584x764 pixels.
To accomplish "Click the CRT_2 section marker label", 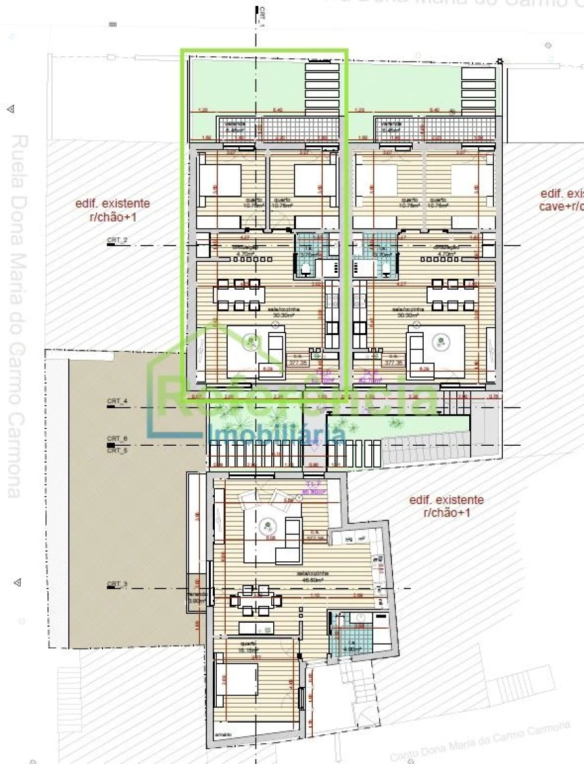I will click(117, 240).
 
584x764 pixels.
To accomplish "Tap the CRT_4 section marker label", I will click(117, 402).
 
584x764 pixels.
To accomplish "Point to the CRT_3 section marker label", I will click(117, 585).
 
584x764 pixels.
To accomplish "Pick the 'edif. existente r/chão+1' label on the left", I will click(113, 211).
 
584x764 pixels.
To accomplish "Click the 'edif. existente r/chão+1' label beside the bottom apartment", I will click(446, 506).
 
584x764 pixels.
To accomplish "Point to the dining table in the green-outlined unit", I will click(239, 294).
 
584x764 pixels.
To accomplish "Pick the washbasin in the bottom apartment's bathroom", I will click(360, 618).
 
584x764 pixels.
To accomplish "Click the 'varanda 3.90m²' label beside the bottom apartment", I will click(197, 597).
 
